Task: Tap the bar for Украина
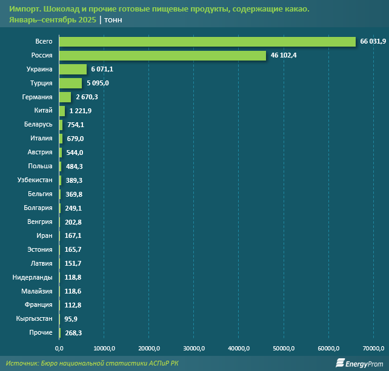(x=73, y=69)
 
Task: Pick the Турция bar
(x=70, y=83)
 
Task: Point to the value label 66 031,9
(x=373, y=42)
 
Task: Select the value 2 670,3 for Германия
(x=88, y=97)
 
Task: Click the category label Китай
(x=44, y=111)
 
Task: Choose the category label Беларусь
(x=39, y=125)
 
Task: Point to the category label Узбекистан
(x=36, y=180)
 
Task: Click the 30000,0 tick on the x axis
(x=193, y=348)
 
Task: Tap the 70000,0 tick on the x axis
(x=373, y=348)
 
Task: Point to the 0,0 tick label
(x=59, y=348)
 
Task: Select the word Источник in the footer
(x=23, y=363)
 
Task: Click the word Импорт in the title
(x=22, y=8)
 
